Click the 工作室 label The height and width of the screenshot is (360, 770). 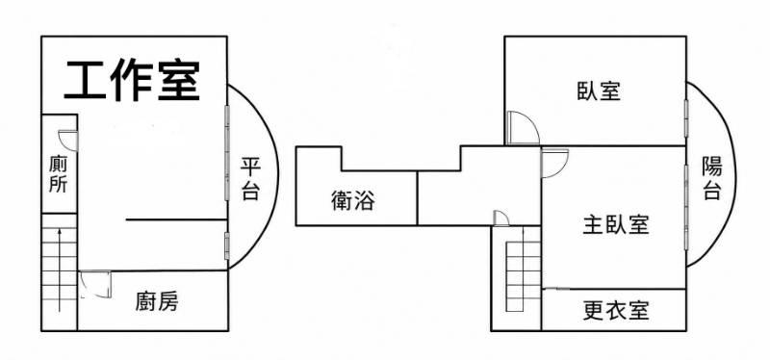(132, 81)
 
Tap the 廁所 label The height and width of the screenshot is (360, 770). (58, 174)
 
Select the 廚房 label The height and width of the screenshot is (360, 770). (157, 301)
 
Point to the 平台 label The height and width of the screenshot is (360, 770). (250, 179)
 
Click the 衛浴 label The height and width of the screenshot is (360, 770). (353, 200)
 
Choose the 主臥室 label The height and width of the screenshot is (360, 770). (616, 224)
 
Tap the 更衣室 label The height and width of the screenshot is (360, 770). (616, 310)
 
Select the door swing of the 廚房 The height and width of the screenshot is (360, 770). (95, 284)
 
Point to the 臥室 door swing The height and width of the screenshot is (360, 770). (523, 128)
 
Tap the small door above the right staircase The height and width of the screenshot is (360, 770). (501, 219)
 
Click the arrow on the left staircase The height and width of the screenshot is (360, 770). (60, 270)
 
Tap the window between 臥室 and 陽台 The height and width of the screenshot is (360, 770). (686, 117)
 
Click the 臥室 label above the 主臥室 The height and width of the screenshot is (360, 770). (599, 91)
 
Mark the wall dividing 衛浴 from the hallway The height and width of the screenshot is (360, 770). (417, 198)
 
